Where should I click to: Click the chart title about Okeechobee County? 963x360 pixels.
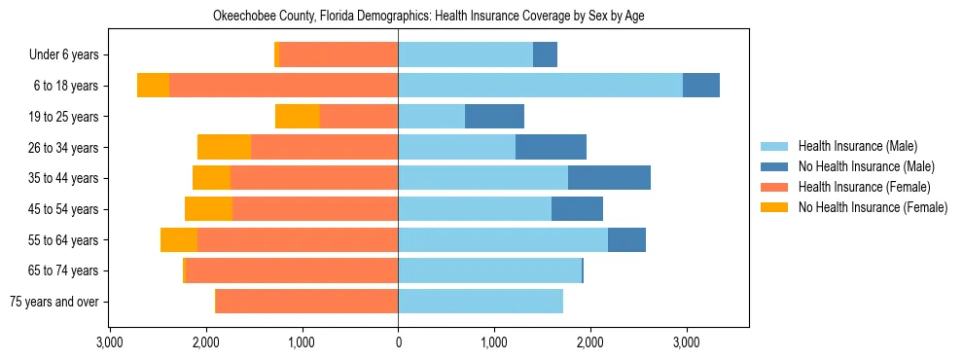point(428,16)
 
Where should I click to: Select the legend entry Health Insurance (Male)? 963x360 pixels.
point(857,146)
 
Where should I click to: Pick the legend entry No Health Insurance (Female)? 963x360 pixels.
point(873,207)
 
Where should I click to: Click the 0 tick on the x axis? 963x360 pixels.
point(398,342)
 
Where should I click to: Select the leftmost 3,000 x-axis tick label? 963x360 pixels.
point(110,342)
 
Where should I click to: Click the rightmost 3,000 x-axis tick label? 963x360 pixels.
point(686,342)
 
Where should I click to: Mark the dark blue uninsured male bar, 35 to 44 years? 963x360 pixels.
point(609,178)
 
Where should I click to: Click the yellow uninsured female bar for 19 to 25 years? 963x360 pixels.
point(298,117)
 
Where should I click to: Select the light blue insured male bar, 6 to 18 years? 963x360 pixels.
point(540,86)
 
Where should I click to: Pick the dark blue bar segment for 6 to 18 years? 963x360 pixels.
point(701,86)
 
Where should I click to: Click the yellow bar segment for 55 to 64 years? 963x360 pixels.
point(179,240)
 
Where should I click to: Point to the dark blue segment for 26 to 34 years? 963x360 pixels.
point(551,148)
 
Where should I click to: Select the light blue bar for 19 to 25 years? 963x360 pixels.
point(431,117)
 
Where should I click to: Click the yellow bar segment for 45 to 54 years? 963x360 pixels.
point(208,209)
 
